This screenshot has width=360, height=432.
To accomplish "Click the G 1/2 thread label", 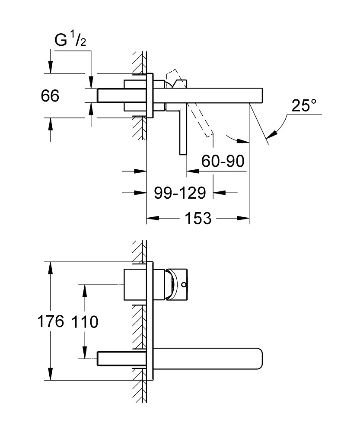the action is pos(70,40).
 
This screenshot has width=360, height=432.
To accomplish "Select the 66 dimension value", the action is pos(50,96).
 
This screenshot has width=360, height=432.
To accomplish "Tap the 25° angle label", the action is pos(304,105).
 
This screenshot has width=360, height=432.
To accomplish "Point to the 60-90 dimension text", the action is pos(223,161).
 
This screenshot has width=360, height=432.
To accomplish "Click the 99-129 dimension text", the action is pos(180,193).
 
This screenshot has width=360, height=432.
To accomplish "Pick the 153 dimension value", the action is pos(198,218).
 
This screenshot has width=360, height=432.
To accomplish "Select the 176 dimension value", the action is pos(51,321).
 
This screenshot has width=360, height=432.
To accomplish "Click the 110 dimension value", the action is pos(85,321).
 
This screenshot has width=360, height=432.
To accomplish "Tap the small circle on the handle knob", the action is pos(184,284).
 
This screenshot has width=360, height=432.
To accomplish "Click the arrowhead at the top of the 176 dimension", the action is pos(51,268).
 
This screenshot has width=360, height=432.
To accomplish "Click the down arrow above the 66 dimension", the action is pos(51,67).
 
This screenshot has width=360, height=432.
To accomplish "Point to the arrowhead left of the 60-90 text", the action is pos(193,171).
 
